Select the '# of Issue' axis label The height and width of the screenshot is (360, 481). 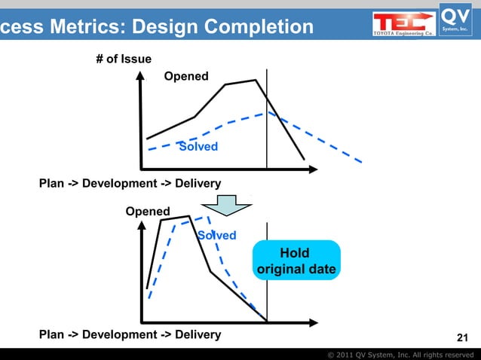point(124,59)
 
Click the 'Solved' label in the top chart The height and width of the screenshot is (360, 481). point(198,146)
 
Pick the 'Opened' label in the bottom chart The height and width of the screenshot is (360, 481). point(148,212)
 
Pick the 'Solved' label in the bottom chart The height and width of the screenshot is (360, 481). point(216,236)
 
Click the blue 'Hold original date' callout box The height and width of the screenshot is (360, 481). point(296,261)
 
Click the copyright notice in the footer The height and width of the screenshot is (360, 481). point(400,354)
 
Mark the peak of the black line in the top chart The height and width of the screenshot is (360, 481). point(256,80)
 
